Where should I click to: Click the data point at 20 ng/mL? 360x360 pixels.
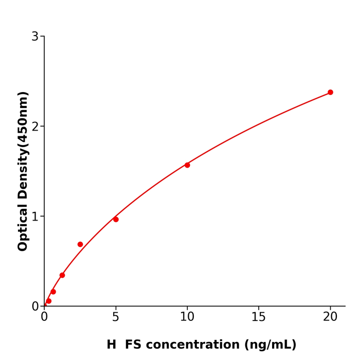pos(330,93)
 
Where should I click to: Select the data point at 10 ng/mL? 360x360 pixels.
pos(187,165)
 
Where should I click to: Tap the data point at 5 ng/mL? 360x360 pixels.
pos(116,220)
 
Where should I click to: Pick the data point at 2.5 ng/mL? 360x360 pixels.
pos(80,244)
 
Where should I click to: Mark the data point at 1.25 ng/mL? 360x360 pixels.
pos(62,275)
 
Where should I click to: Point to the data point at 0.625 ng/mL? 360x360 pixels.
pos(53,292)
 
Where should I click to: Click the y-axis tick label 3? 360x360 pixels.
pos(35,37)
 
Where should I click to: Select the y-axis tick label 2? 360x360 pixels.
pos(35,127)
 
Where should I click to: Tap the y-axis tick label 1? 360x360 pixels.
pos(35,217)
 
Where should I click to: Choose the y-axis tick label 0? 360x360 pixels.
pos(35,307)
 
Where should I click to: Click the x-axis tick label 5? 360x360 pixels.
pos(116,317)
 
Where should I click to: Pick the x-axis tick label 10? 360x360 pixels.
pos(187,317)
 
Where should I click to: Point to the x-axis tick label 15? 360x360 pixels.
pos(259,317)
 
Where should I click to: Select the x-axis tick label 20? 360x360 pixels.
pos(330,317)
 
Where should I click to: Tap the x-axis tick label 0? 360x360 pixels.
pos(44,317)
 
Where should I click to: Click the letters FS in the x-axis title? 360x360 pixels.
pos(133,345)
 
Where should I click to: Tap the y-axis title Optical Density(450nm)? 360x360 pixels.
pos(23,171)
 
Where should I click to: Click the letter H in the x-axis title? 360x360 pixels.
pos(112,345)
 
